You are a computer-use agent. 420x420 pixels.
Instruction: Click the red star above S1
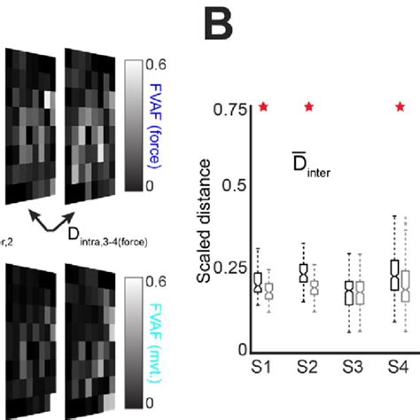264,107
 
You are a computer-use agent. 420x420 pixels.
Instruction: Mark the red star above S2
309,107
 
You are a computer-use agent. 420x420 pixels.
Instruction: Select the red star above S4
400,107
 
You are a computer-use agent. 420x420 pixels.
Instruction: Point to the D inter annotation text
310,169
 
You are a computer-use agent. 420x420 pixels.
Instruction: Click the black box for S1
258,282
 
